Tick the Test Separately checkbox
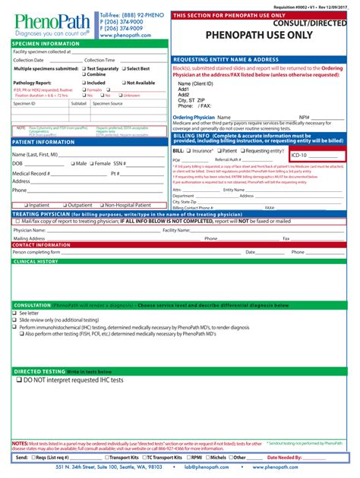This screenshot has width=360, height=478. (84, 69)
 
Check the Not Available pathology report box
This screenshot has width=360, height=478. (122, 83)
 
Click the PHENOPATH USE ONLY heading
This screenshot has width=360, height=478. (264, 35)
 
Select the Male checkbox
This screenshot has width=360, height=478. (71, 163)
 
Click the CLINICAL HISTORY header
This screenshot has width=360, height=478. (36, 261)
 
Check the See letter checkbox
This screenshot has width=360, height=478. (15, 313)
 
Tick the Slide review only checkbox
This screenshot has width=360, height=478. (15, 319)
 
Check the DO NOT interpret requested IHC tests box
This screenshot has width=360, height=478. (19, 380)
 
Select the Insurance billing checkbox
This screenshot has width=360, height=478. (191, 151)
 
